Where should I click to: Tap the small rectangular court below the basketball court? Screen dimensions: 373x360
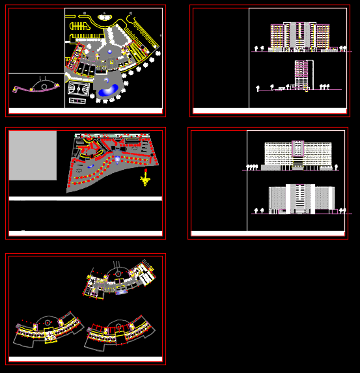pyautogui.click(x=77, y=101)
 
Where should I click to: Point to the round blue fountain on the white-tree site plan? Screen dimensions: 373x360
pyautogui.click(x=109, y=51)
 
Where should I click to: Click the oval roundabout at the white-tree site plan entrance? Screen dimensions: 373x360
pyautogui.click(x=104, y=18)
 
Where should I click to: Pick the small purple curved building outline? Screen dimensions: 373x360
pyautogui.click(x=36, y=88)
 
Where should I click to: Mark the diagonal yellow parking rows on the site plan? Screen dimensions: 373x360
pyautogui.click(x=141, y=35)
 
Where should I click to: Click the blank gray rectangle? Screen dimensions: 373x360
pyautogui.click(x=33, y=156)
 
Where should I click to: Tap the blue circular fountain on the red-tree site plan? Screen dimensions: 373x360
pyautogui.click(x=117, y=158)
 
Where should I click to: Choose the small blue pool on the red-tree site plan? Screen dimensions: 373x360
pyautogui.click(x=90, y=167)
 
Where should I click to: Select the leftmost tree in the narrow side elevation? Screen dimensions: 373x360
pyautogui.click(x=258, y=87)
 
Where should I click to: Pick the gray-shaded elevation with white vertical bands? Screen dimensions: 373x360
pyautogui.click(x=301, y=199)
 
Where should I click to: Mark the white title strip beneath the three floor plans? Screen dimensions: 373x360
pyautogui.click(x=85, y=359)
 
